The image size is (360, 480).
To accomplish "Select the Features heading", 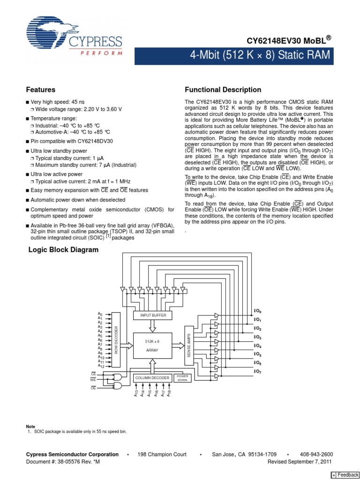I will pyautogui.click(x=41, y=90).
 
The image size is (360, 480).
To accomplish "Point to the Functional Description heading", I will pyautogui.click(x=223, y=90).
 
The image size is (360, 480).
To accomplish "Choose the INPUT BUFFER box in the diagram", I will pyautogui.click(x=153, y=315).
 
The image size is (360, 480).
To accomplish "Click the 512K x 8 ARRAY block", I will pyautogui.click(x=153, y=346).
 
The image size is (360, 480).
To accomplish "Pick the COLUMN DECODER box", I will pyautogui.click(x=153, y=377).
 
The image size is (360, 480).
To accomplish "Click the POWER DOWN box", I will pyautogui.click(x=182, y=377).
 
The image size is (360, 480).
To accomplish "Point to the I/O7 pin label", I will pyautogui.click(x=258, y=371).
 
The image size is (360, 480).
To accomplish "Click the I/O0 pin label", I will pyautogui.click(x=258, y=311).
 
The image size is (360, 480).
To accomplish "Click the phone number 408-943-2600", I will pyautogui.click(x=316, y=454).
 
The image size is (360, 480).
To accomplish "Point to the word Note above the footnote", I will pyautogui.click(x=30, y=426).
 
